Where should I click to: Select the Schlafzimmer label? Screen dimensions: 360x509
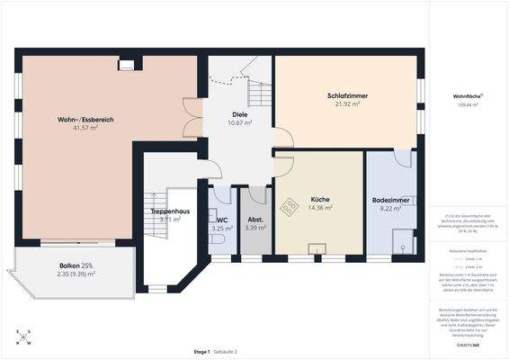(347, 95)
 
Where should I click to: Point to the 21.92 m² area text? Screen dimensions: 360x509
(347, 104)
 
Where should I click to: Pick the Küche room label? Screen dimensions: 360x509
(320, 199)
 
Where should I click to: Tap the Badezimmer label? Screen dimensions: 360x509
(391, 199)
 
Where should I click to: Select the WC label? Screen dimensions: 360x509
(222, 219)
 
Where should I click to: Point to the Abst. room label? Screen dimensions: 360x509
(255, 219)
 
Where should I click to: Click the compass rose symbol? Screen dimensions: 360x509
(23, 337)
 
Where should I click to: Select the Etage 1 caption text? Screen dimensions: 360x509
(201, 350)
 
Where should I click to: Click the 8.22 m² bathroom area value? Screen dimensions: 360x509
(391, 208)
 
